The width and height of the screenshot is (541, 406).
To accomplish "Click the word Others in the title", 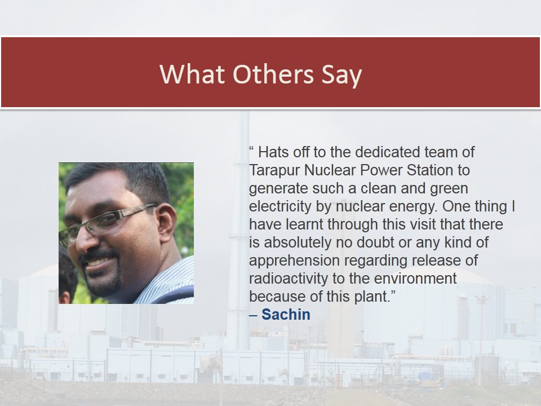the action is tap(273, 74).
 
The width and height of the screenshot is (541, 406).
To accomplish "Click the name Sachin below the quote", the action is tap(286, 314).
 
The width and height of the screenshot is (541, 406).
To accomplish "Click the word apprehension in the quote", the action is tap(294, 261).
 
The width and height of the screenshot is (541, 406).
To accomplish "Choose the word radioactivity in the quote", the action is tap(289, 279).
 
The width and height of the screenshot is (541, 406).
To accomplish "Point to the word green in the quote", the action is tap(449, 189).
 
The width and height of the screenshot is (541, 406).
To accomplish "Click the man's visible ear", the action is tap(166, 223).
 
